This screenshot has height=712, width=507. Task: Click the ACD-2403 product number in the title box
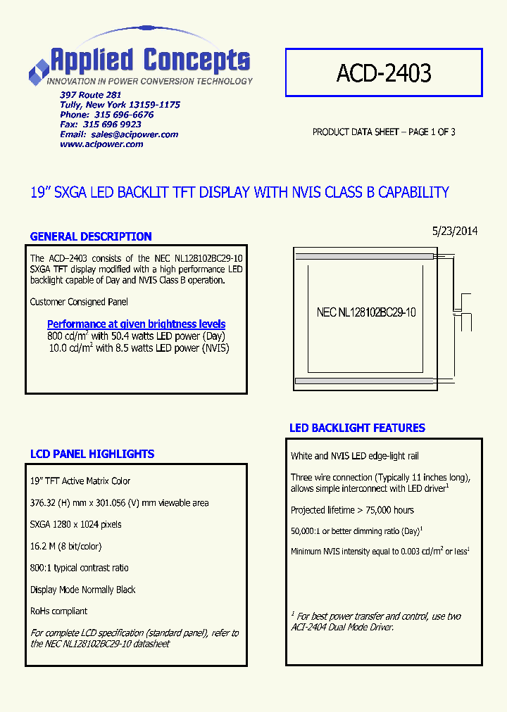click(384, 72)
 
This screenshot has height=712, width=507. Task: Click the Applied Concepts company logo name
click(149, 61)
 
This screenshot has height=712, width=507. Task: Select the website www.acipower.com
click(101, 144)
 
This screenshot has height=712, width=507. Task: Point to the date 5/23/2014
click(454, 231)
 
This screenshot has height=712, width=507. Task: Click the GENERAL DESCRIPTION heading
click(91, 236)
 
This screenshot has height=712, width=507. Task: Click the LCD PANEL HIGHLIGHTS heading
click(92, 454)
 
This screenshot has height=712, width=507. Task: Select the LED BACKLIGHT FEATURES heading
click(357, 428)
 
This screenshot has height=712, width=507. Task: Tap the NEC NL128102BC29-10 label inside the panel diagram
click(366, 312)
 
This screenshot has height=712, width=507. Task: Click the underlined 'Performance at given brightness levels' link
click(136, 324)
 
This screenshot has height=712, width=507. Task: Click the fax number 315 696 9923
click(112, 125)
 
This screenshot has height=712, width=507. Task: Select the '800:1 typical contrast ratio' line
click(80, 568)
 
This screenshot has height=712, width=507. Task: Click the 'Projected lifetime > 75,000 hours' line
click(352, 510)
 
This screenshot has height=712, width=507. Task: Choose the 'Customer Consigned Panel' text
click(79, 302)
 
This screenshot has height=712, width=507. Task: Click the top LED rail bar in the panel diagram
click(363, 257)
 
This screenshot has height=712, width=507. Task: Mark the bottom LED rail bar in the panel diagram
click(363, 381)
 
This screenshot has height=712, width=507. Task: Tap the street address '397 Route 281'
click(91, 95)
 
